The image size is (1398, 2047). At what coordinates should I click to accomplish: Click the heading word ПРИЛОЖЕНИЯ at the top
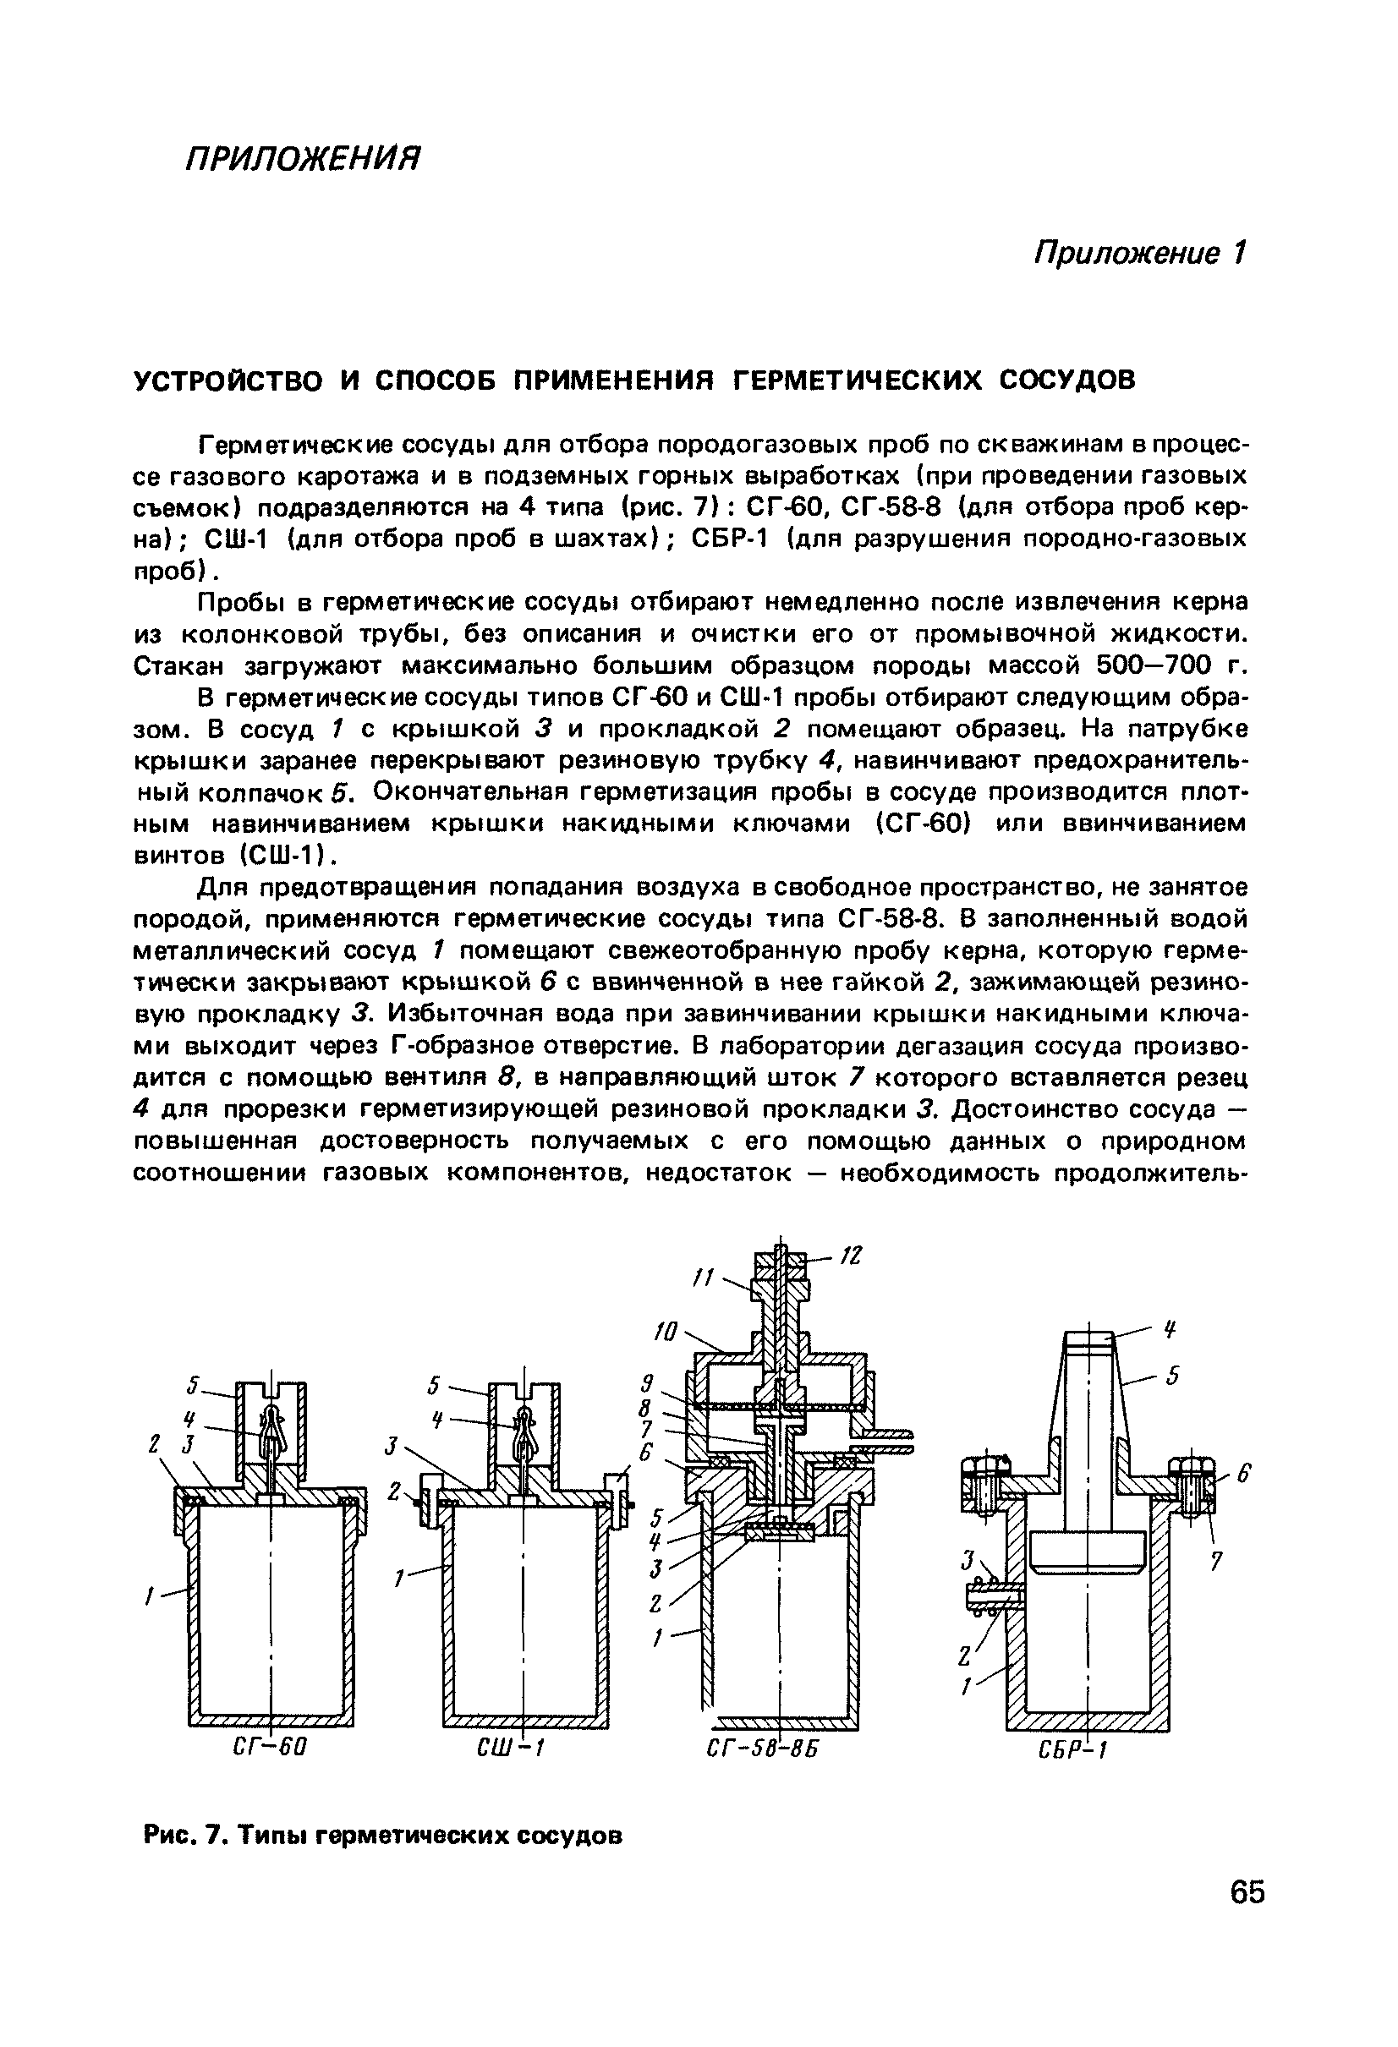[x=303, y=159]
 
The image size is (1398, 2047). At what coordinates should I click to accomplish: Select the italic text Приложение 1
[x=1140, y=254]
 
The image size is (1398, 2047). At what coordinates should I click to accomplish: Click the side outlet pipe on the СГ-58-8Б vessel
[x=884, y=1443]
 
